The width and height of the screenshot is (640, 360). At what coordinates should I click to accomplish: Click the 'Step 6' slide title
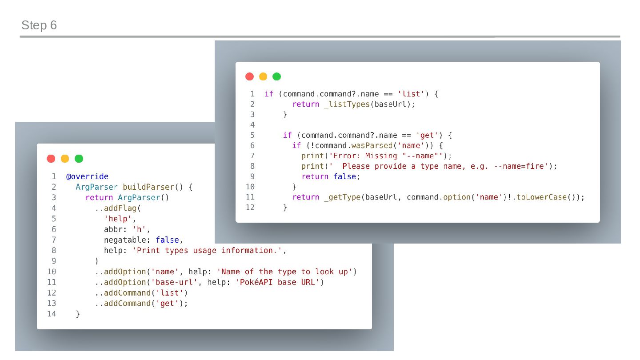[39, 25]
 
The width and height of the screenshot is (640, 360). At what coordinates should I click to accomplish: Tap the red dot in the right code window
[249, 76]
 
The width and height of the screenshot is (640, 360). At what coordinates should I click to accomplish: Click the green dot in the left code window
[79, 159]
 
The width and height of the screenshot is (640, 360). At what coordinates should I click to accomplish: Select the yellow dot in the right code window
[263, 76]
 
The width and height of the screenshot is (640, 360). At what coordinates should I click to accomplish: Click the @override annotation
[87, 176]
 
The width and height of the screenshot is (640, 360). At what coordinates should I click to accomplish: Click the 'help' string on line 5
[120, 219]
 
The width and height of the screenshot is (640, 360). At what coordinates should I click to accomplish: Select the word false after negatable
[167, 240]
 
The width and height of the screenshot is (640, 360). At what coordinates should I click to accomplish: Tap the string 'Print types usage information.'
[207, 251]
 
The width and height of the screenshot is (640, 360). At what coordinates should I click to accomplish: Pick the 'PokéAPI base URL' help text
[278, 282]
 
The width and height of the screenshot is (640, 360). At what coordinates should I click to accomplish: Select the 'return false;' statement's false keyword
[344, 177]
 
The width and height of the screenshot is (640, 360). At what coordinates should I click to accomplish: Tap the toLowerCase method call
[541, 197]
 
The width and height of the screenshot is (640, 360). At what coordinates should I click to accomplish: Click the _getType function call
[342, 197]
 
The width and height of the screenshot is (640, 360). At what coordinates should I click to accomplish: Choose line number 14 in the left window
[52, 314]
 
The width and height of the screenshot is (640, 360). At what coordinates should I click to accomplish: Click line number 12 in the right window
[250, 208]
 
